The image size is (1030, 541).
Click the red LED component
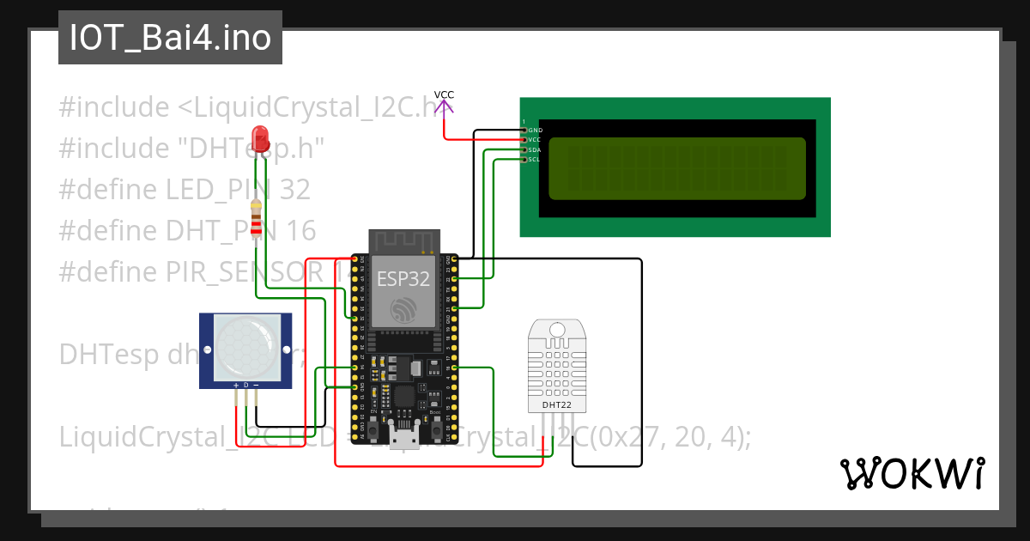coord(260,140)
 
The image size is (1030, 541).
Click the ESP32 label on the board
coord(403,279)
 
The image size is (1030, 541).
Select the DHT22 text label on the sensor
coord(555,404)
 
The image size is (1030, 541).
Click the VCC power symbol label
coord(444,94)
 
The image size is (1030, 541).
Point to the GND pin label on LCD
coord(535,131)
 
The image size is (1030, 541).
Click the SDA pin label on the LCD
coord(534,150)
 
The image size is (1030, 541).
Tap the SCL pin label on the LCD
coord(534,160)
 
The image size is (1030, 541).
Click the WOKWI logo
coord(912,473)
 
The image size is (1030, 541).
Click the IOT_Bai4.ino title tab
coord(170,38)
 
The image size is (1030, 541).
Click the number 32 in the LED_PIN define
coord(294,190)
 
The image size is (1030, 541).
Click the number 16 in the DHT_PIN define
coord(300,231)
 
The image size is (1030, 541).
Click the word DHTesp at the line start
coord(106,355)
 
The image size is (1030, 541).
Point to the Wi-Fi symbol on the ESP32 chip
coord(403,310)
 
